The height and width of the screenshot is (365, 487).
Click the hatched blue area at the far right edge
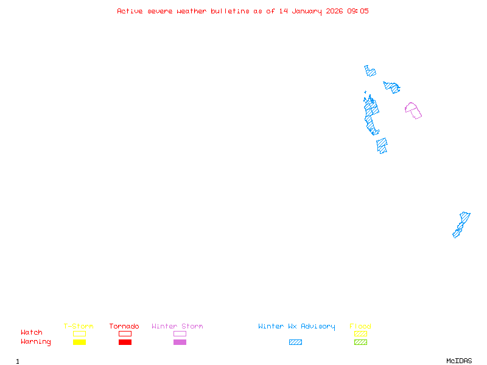(461, 225)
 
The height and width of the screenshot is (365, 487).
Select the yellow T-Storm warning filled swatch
(80, 342)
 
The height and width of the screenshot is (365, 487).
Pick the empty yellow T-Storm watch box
(80, 333)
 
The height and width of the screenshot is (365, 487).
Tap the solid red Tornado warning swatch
(125, 342)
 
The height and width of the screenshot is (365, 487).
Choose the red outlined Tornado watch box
(125, 333)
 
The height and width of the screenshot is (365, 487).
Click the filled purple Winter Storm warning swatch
(180, 342)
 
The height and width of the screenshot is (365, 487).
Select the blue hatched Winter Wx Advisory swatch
(295, 342)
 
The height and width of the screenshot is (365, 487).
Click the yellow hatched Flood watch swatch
(360, 333)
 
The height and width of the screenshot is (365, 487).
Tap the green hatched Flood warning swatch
(360, 342)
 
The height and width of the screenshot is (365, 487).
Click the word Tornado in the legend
(124, 326)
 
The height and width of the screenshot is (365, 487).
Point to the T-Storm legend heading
(79, 326)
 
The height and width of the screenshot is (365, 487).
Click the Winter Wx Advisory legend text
(296, 327)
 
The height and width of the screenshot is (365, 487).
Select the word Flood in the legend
(360, 326)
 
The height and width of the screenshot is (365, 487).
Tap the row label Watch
(32, 332)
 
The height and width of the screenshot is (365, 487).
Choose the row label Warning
(36, 342)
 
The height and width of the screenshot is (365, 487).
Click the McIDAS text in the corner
(459, 361)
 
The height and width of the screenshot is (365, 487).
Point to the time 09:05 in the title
(358, 11)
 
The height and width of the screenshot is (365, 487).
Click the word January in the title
(307, 12)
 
